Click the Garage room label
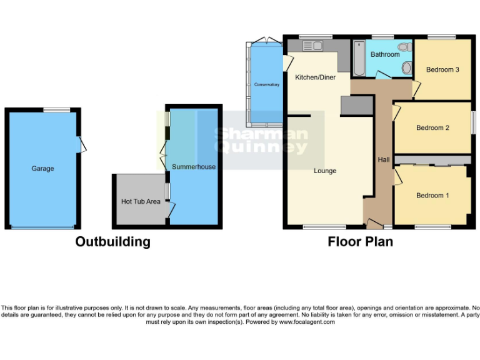point(43,168)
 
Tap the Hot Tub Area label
point(141,201)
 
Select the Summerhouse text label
point(194,167)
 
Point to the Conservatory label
point(266,84)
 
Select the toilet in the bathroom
point(404,47)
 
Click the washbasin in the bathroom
point(407,67)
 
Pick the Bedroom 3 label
point(442,69)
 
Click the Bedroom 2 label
point(433,128)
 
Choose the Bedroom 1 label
point(432,196)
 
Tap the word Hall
point(384,160)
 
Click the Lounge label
point(325,171)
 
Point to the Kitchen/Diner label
point(315,77)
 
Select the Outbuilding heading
point(112,242)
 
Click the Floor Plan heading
point(361,242)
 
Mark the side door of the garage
point(81,144)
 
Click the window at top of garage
point(56,110)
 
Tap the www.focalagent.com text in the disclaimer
point(307,322)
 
